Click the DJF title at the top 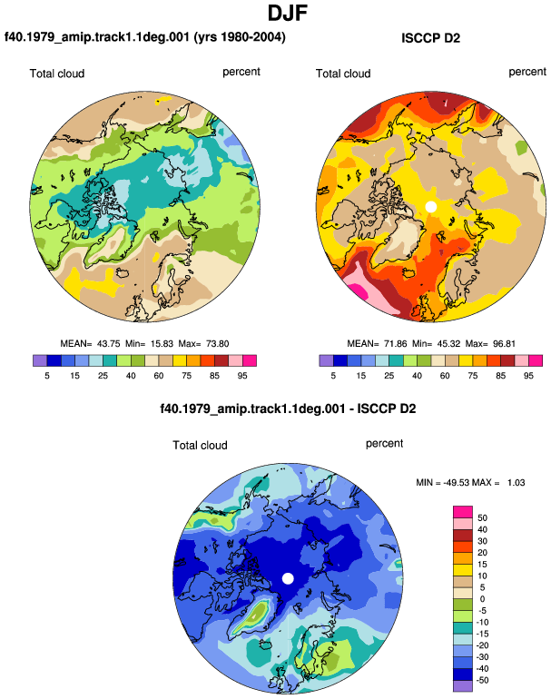[288, 14]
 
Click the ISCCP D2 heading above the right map [430, 38]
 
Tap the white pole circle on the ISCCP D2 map [430, 207]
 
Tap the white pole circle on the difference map [288, 578]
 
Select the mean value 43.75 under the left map [108, 344]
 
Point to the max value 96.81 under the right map [504, 344]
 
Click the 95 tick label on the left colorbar [242, 376]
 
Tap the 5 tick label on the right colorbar [333, 376]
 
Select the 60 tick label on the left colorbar [159, 376]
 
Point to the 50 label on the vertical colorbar [482, 518]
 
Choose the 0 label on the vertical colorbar [482, 599]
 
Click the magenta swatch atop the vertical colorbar [463, 512]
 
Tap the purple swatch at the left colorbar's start [40, 360]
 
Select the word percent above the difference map [384, 444]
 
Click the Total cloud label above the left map [57, 74]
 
